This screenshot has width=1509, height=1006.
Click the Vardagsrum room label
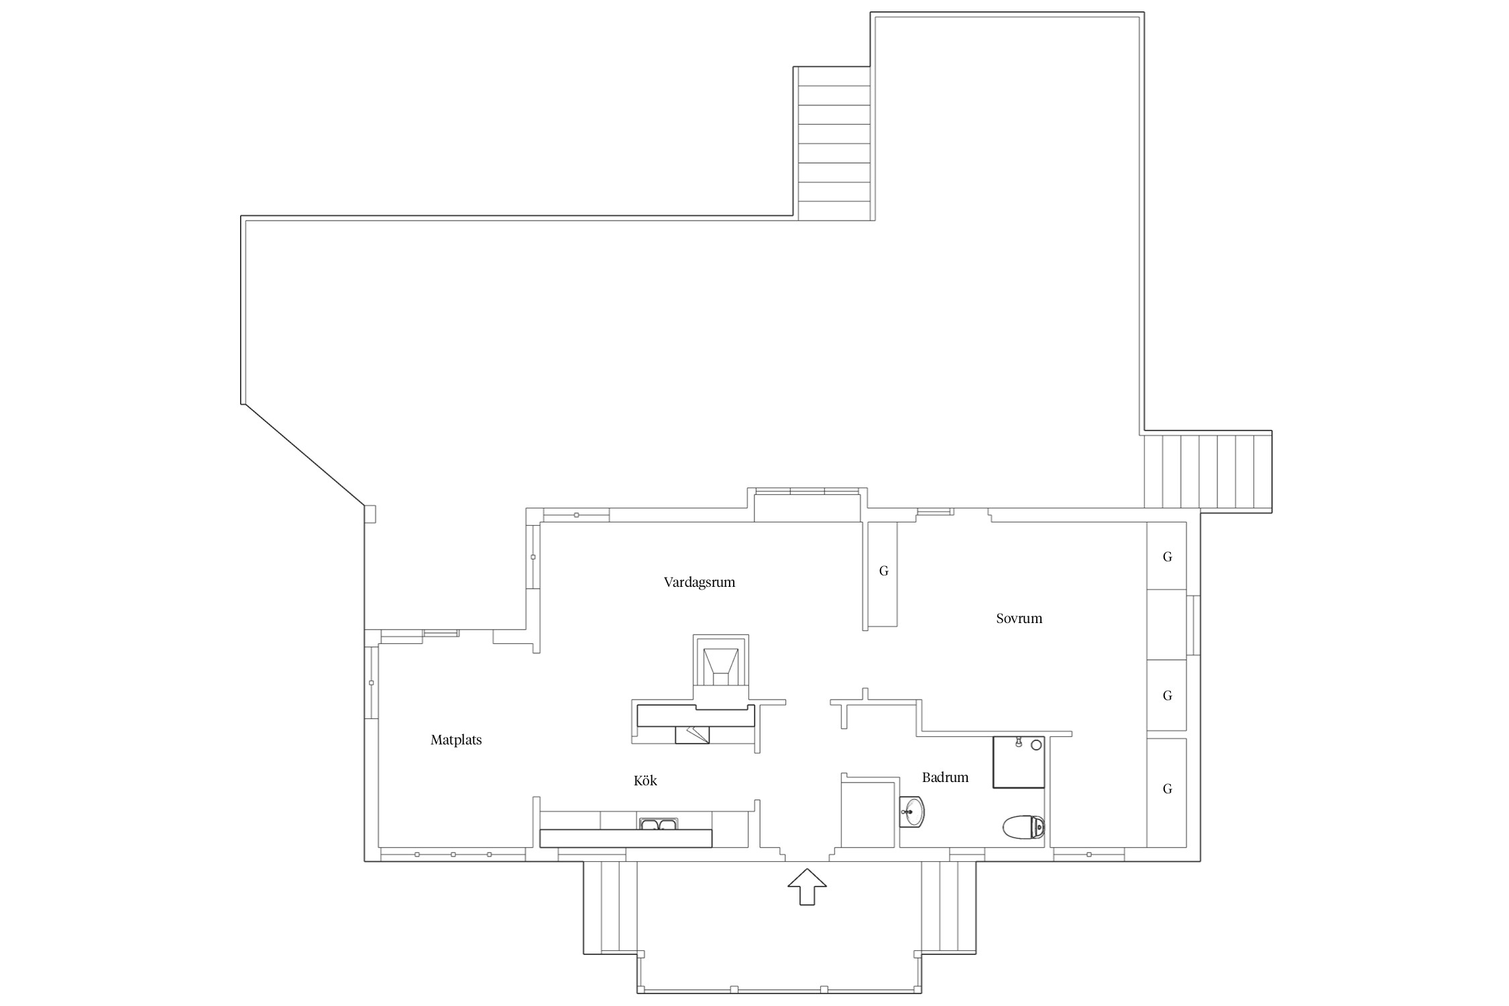coord(700,582)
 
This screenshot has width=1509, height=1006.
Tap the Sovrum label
coord(1019,618)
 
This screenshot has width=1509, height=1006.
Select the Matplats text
coord(456,740)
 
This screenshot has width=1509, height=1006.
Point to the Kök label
coord(645,781)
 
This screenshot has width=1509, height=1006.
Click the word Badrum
coord(945,777)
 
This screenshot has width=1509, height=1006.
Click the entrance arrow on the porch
coord(807,887)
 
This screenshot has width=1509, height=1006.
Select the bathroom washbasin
coord(911,812)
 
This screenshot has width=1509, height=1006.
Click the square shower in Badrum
coord(1019,762)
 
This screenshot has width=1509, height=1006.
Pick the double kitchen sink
coord(659,824)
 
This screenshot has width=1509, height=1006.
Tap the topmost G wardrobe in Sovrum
coord(1166,556)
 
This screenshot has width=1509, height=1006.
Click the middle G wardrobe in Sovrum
coord(1166,695)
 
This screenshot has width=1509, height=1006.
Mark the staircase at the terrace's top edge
coord(834,144)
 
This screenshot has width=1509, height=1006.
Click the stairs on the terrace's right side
coord(1207,472)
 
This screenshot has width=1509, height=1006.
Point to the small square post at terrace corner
coord(370,514)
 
